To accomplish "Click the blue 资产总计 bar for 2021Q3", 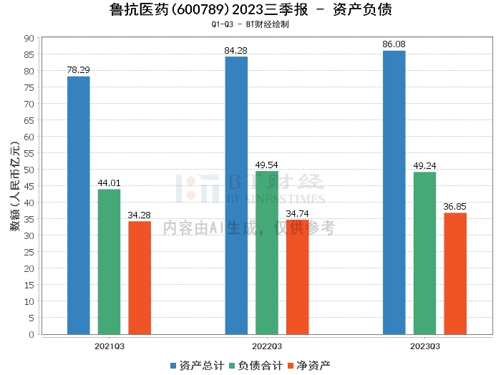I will [x=79, y=205].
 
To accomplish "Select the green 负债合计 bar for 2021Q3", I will [x=110, y=262].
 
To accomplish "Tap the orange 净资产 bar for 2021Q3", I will [x=140, y=278].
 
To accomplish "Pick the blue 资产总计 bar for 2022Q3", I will [x=236, y=195].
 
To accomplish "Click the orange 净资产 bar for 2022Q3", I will [x=298, y=277].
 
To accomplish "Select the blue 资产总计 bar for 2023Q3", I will [x=394, y=193].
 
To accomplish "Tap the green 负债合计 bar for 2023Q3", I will [x=424, y=253].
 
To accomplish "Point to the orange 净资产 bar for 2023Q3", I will [x=455, y=273].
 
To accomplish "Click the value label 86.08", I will [x=394, y=44].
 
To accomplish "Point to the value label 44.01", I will [x=110, y=183].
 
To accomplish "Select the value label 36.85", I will [x=455, y=207].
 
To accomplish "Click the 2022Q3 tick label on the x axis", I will [x=267, y=345].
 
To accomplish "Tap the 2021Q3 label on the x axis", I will [x=110, y=345].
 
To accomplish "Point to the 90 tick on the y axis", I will [x=29, y=38].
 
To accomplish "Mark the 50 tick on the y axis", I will [x=29, y=170].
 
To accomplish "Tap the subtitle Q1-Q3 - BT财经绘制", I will [x=250, y=24].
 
